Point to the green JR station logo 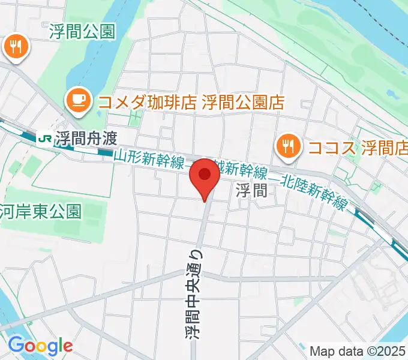44,137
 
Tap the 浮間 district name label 250,191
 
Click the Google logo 40,345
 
